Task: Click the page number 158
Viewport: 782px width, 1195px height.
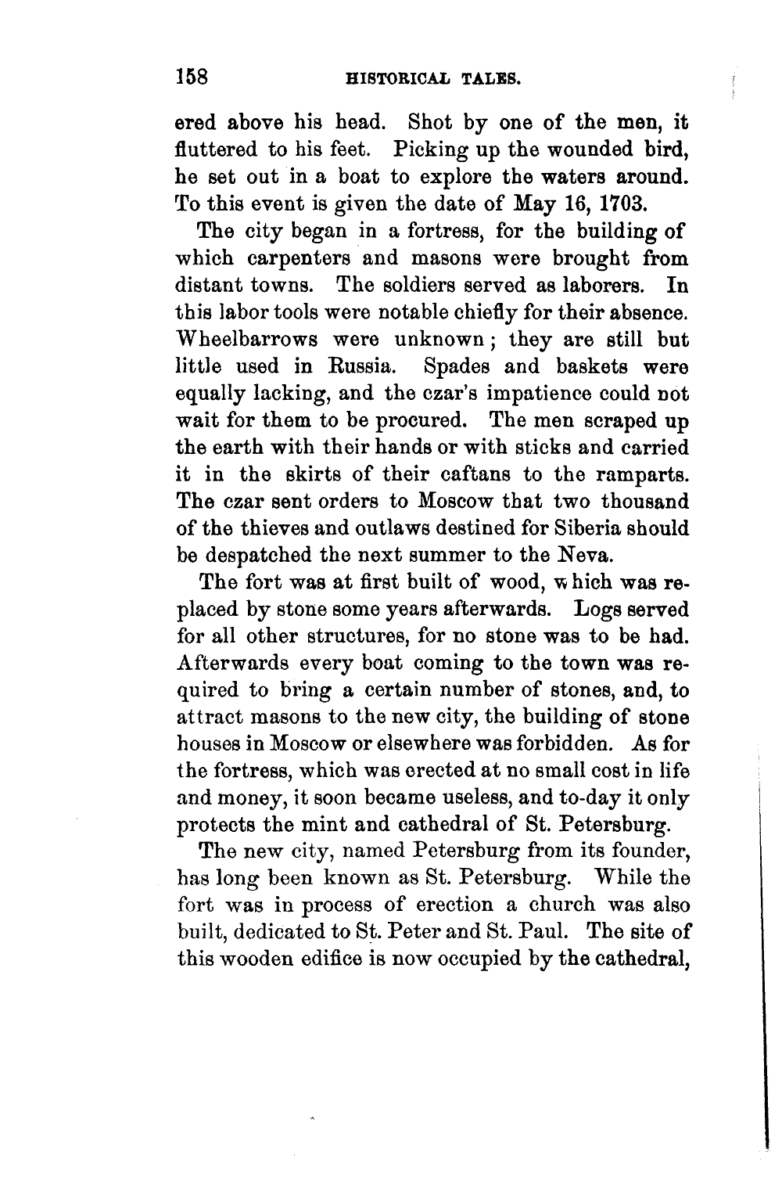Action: pyautogui.click(x=191, y=77)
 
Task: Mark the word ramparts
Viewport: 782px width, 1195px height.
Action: pyautogui.click(x=644, y=476)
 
